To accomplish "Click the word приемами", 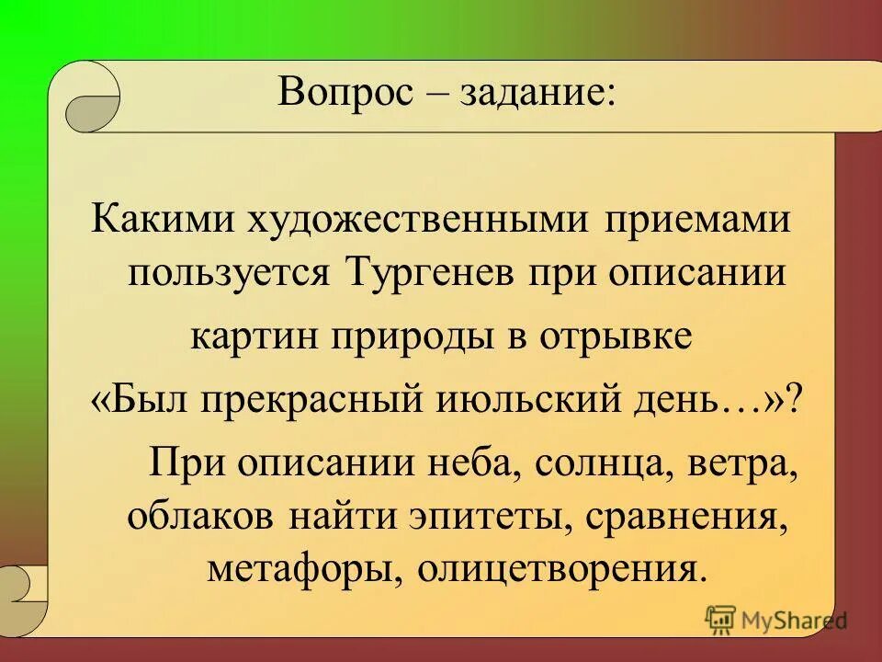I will (696, 223).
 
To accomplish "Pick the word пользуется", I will (232, 273).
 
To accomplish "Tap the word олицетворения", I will (562, 567).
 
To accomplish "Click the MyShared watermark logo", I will (776, 621).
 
